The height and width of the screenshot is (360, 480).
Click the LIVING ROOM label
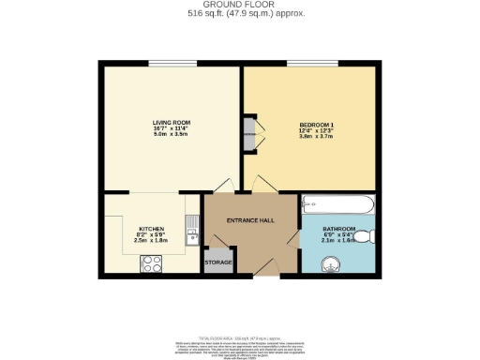172,122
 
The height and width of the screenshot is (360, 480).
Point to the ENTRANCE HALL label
250,220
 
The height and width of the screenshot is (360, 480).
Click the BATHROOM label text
339,229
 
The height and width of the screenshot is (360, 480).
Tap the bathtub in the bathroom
338,205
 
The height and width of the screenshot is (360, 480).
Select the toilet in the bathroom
372,235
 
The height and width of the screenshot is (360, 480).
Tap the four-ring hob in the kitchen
150,263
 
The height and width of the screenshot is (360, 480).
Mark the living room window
172,64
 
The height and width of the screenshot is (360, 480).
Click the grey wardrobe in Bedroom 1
249,134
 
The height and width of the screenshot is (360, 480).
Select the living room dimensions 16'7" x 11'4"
172,128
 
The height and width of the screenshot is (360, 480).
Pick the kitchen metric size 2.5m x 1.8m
152,240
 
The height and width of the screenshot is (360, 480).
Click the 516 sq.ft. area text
240,15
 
